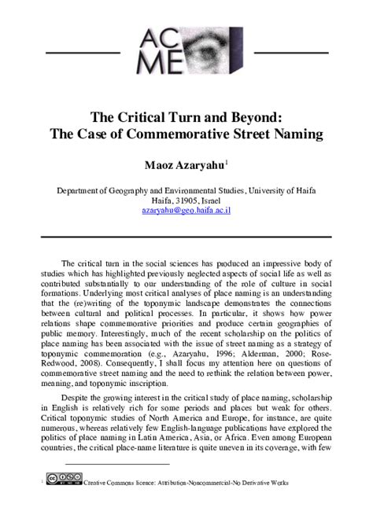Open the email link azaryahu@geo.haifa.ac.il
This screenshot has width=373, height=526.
point(186,211)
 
